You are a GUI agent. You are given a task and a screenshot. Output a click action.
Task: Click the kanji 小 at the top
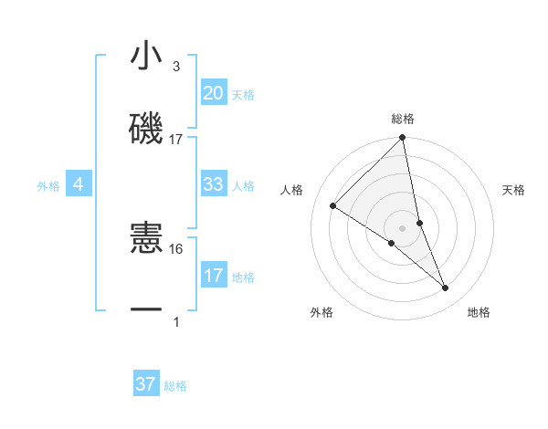click(x=146, y=57)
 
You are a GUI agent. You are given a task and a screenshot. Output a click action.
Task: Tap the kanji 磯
click(x=146, y=131)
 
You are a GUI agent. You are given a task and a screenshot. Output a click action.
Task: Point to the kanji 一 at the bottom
click(x=146, y=311)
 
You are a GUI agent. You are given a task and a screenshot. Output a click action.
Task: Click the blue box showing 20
click(x=214, y=93)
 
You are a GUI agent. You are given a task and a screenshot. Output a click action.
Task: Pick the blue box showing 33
click(x=214, y=184)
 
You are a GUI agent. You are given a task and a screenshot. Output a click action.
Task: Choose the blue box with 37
click(x=146, y=384)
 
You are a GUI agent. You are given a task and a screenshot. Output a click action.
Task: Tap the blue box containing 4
click(x=79, y=185)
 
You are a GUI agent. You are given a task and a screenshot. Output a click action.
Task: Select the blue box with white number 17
click(x=214, y=276)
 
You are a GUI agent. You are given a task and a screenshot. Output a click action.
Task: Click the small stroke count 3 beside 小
click(x=176, y=67)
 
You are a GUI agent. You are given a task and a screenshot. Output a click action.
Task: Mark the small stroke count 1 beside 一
click(x=176, y=321)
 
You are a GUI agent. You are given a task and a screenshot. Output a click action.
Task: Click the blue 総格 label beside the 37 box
click(x=175, y=386)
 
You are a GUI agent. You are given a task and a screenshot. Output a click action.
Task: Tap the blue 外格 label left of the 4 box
click(x=48, y=186)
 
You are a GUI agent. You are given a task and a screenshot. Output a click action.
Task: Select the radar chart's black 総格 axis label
click(x=403, y=119)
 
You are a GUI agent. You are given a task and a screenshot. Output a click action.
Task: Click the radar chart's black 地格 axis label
click(x=479, y=312)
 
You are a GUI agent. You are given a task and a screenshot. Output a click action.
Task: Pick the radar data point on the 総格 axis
click(x=403, y=139)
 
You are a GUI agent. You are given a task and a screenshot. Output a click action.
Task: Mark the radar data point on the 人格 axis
click(x=333, y=205)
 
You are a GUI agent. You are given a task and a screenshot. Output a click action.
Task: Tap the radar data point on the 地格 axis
click(x=446, y=288)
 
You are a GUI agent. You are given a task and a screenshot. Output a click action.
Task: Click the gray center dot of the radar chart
click(x=403, y=228)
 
